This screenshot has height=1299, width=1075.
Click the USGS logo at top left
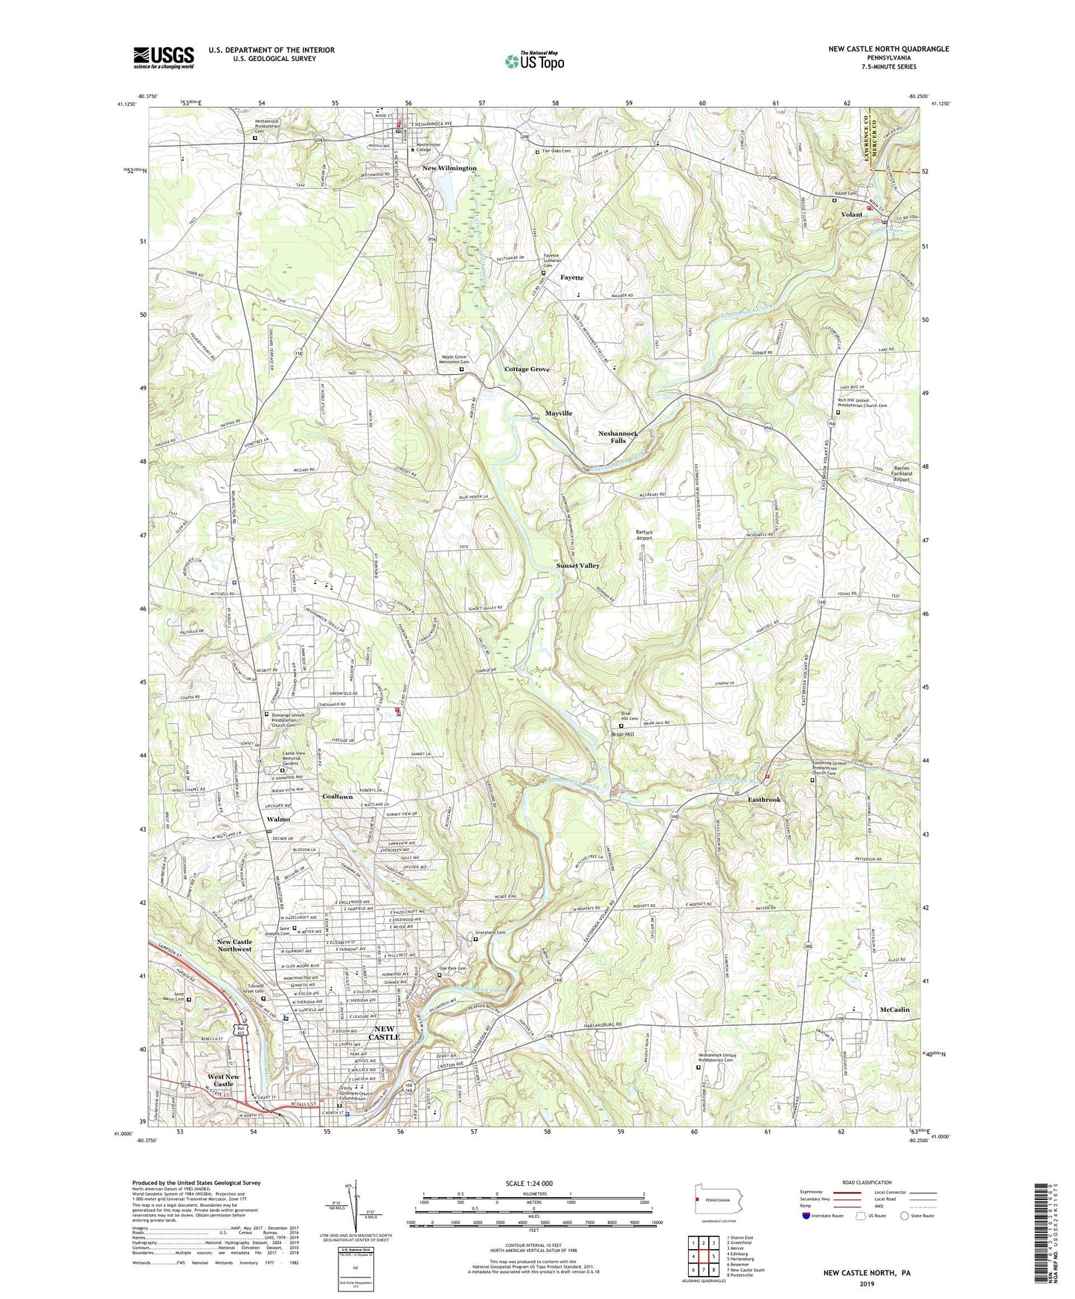(164, 57)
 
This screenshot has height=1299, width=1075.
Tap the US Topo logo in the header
(534, 61)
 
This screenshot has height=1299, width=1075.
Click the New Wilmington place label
(449, 168)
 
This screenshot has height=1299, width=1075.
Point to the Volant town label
(851, 214)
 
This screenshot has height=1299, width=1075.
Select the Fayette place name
(571, 278)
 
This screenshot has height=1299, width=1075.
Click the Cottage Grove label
(527, 369)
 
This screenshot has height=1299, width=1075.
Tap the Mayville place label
(559, 413)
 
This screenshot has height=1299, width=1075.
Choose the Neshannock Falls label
(618, 437)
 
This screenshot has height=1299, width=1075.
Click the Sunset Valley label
(578, 565)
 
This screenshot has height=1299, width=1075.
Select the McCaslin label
(894, 1010)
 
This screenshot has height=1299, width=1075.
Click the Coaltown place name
(337, 797)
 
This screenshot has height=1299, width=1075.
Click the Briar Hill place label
(622, 734)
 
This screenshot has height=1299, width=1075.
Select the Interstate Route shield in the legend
(806, 1216)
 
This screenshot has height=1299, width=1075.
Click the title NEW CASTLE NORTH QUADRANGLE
(888, 49)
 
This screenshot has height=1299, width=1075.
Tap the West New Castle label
(223, 1080)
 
